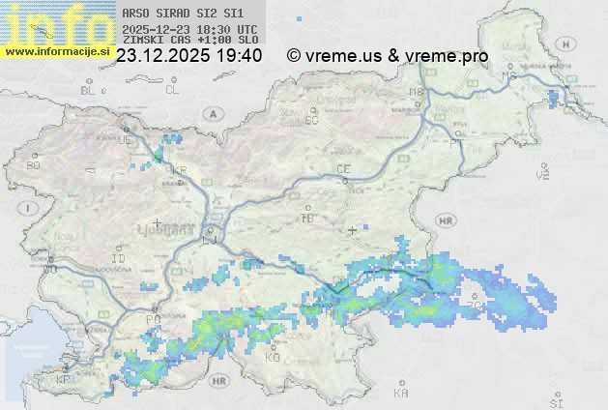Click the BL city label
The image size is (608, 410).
(89, 90)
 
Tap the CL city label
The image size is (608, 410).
(172, 90)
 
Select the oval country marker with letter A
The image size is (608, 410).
(211, 112)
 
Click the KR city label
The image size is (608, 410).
(178, 170)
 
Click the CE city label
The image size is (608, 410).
(342, 169)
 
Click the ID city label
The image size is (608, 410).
(119, 259)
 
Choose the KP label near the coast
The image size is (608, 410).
(64, 379)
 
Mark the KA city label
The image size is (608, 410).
(401, 394)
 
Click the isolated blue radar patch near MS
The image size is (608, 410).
(553, 98)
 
